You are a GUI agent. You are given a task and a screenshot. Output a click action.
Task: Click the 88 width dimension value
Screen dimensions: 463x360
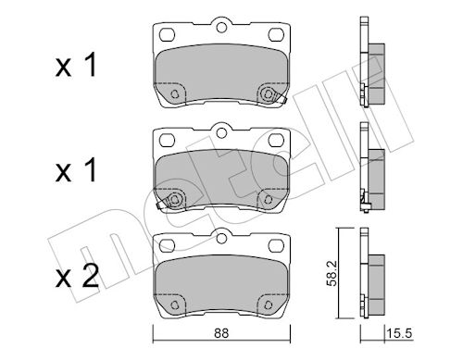tap(221, 333)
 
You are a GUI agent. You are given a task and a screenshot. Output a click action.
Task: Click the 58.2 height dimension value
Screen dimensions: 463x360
tap(332, 274)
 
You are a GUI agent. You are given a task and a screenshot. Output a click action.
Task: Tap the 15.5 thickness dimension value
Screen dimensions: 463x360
tap(399, 333)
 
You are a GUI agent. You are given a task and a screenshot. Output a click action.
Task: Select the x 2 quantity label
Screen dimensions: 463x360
tap(77, 276)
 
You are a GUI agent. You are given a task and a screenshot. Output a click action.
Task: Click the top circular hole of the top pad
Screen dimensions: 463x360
tap(221, 28)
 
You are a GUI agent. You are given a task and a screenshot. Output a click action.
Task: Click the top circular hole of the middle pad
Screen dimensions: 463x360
tap(221, 133)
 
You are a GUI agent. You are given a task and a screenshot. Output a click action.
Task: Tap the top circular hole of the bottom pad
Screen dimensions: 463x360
tap(221, 239)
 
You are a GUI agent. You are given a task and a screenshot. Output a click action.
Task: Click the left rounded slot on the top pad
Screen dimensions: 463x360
tap(168, 34)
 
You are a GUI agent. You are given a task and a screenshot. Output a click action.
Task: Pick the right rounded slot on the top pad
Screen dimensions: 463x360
tap(276, 34)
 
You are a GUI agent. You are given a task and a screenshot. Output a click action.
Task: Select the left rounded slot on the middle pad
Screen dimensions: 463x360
tap(168, 140)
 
